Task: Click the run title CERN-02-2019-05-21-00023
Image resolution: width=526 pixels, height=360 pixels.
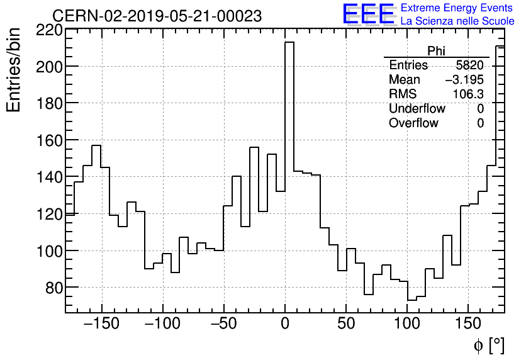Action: [x=157, y=16]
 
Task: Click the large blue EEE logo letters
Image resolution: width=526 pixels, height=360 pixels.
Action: [x=368, y=14]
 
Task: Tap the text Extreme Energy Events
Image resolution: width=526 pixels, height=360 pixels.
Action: [x=457, y=8]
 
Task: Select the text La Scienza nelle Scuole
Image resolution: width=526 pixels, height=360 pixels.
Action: [x=457, y=21]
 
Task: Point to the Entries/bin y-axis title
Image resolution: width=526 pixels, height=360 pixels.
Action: [x=14, y=69]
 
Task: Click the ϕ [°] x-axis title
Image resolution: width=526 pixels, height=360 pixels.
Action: [x=488, y=345]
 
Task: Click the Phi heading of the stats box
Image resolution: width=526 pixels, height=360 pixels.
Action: [x=436, y=51]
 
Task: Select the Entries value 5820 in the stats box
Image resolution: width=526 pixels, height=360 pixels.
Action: [x=469, y=65]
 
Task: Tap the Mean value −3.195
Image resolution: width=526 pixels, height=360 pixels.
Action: [x=464, y=80]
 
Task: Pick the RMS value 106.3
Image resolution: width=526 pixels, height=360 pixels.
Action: [x=468, y=94]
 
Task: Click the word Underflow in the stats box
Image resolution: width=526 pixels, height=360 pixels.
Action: [x=417, y=109]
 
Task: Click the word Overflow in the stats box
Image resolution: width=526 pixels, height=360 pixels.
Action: [x=413, y=123]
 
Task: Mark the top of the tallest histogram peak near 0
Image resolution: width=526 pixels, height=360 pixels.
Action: [x=289, y=42]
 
